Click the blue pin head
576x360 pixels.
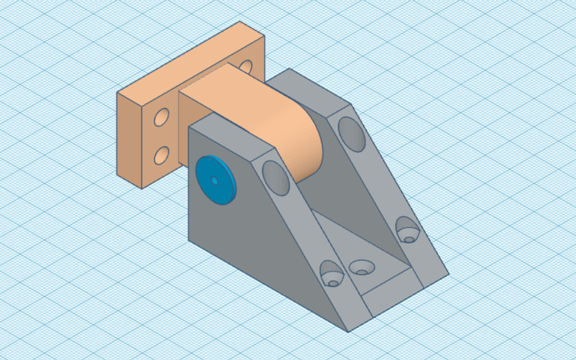coord(215,180)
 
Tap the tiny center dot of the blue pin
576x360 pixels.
coord(215,180)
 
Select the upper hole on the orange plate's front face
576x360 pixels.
coord(161,118)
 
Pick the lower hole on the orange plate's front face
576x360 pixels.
coord(161,154)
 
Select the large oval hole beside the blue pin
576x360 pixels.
coord(275,176)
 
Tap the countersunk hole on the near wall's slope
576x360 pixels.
coord(331,275)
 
